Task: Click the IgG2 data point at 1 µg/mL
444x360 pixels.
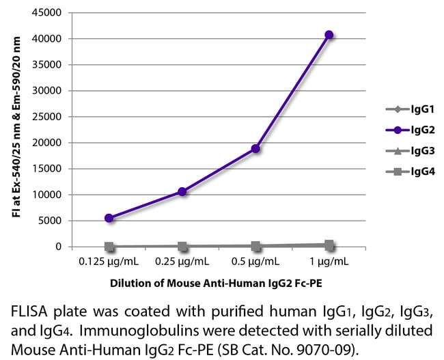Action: tap(329, 34)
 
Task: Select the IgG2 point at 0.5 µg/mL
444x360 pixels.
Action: tap(255, 148)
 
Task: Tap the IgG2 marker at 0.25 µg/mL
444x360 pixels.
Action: tap(182, 191)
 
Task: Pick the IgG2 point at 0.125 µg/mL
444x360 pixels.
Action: tap(109, 218)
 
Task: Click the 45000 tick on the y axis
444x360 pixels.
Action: tap(50, 13)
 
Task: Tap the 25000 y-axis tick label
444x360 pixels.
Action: tap(50, 117)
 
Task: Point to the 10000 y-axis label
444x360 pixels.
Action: tap(50, 195)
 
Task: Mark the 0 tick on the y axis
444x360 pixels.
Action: tap(60, 247)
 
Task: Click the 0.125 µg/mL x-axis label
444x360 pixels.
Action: tap(109, 261)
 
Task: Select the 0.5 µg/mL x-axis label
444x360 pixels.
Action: tap(255, 261)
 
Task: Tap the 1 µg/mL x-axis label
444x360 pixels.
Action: tap(329, 261)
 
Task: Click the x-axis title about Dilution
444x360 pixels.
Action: tap(219, 283)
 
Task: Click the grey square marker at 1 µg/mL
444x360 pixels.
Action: tap(329, 245)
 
